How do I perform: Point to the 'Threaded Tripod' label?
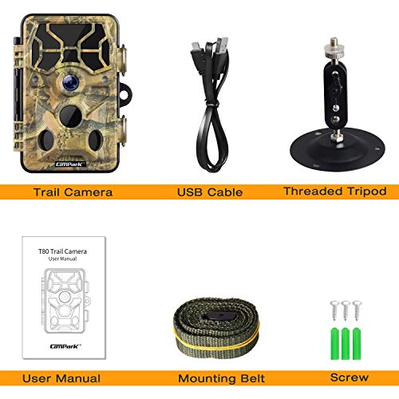click(335, 192)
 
